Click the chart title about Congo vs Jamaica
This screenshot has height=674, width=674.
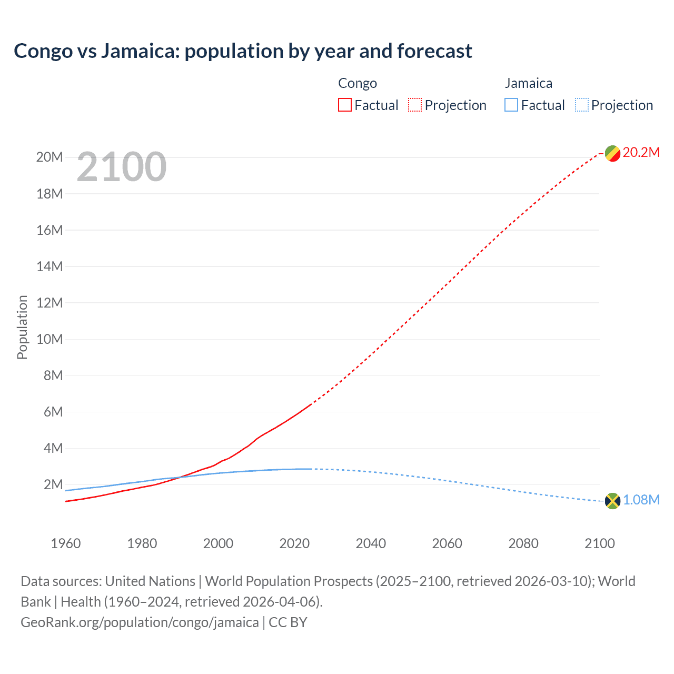point(243,51)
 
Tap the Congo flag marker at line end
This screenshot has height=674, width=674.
point(612,153)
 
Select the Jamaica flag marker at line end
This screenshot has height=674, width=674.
point(612,501)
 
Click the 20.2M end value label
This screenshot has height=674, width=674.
point(641,153)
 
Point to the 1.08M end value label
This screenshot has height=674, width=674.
point(641,500)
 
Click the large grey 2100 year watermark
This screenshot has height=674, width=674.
point(122,167)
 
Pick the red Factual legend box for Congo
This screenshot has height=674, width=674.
point(345,105)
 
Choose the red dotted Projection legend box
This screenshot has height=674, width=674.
point(415,105)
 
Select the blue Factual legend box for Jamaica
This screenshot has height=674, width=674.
point(511,105)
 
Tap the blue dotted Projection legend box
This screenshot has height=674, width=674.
point(582,105)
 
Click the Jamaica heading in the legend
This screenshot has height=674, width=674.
point(528,83)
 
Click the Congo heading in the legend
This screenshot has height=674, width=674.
point(358,83)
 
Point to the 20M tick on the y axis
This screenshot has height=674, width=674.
point(49,157)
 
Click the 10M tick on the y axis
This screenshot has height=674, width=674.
point(49,339)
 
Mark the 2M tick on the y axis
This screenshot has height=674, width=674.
point(53,484)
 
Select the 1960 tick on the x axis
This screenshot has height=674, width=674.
point(66,543)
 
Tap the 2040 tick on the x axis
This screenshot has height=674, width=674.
point(371,543)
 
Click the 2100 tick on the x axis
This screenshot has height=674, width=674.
point(600,543)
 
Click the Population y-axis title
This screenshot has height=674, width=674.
point(22,327)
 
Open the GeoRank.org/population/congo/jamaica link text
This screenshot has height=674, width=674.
point(140,622)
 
